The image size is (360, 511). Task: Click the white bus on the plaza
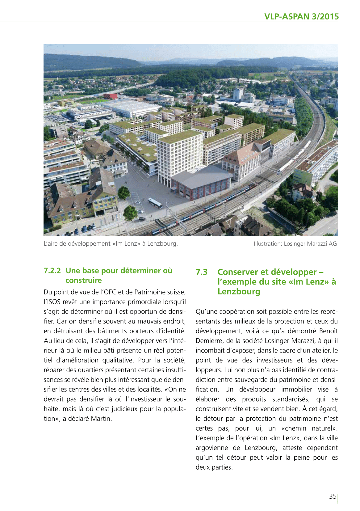pos(155,203)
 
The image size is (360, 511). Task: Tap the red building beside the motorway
pos(110,96)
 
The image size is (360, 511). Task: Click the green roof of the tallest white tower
pos(179,136)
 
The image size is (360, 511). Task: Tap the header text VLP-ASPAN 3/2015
pos(301,16)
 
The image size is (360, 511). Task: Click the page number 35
pos(333,496)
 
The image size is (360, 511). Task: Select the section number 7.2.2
pos(52,271)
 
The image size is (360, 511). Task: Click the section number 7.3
pos(201,272)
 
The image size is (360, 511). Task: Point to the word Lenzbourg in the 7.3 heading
pos(239,291)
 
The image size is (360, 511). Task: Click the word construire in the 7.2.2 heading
pos(84,280)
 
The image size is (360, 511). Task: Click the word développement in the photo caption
pos(89,244)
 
